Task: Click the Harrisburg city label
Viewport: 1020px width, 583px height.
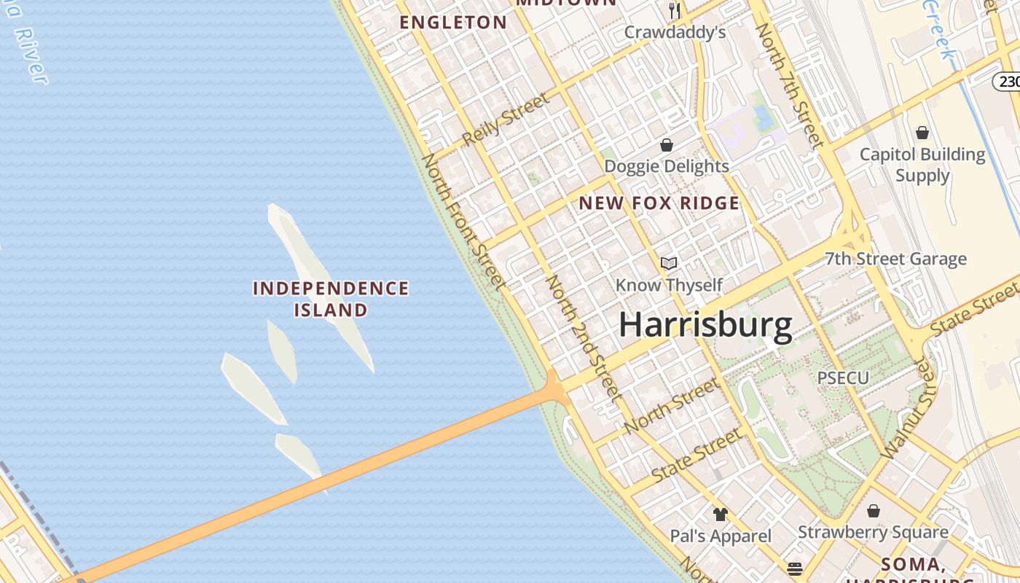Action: tap(705, 325)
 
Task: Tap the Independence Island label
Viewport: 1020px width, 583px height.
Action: tap(331, 299)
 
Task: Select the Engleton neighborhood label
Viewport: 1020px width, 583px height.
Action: tap(452, 23)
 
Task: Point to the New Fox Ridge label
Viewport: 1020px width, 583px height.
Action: tap(659, 203)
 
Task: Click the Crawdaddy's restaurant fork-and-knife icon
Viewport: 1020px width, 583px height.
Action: tap(675, 10)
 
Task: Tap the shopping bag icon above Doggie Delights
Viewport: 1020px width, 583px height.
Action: tap(666, 145)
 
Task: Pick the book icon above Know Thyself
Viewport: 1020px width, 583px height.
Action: tap(669, 263)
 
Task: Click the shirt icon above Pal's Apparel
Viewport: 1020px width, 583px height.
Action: tap(721, 514)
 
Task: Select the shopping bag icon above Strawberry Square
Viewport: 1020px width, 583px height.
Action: tap(873, 511)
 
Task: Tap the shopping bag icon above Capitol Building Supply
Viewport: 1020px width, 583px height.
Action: tap(922, 133)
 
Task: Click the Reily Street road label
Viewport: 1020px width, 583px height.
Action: tap(505, 120)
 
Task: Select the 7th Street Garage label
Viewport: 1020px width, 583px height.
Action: tap(895, 259)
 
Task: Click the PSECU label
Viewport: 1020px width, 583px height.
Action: tap(843, 378)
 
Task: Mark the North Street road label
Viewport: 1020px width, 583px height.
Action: tap(672, 405)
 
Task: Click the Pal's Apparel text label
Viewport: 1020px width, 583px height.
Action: tap(721, 536)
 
